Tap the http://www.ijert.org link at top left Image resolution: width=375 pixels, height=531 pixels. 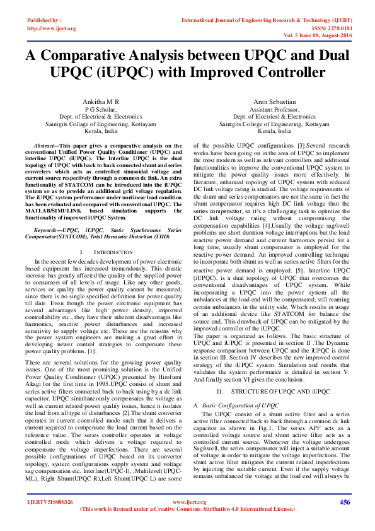[x=51, y=28]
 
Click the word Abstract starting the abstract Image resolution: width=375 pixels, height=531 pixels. [x=46, y=145]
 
